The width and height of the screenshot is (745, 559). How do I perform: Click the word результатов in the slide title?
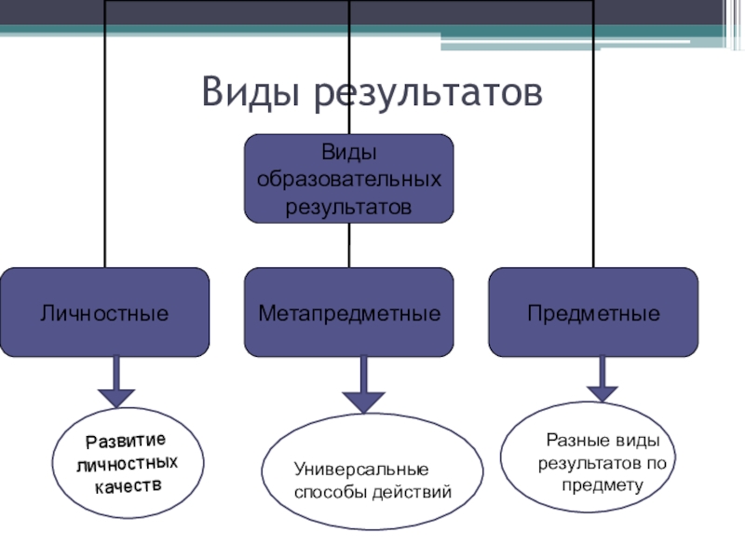(427, 94)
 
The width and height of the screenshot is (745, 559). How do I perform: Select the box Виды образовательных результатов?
(348, 178)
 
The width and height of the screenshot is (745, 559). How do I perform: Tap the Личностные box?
(104, 313)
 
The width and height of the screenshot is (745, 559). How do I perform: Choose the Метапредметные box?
(348, 313)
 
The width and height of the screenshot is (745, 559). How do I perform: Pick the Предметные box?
(593, 313)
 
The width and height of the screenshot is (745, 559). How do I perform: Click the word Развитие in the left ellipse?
(126, 440)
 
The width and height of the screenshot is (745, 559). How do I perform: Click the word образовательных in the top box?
(349, 177)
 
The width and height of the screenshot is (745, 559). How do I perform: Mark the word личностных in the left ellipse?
(127, 463)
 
